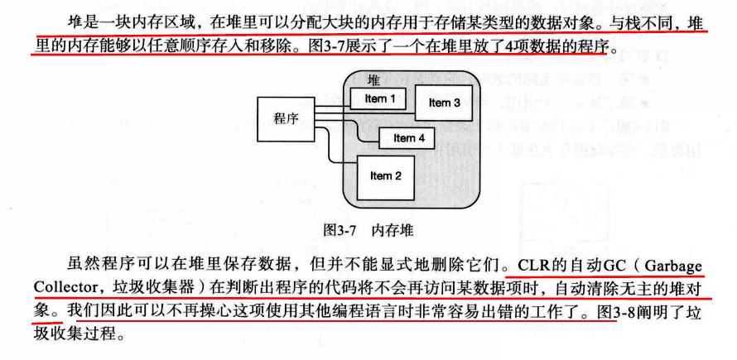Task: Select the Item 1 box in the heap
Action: point(380,99)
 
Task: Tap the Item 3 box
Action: point(445,103)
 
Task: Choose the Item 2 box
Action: point(385,175)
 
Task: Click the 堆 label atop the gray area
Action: point(373,79)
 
